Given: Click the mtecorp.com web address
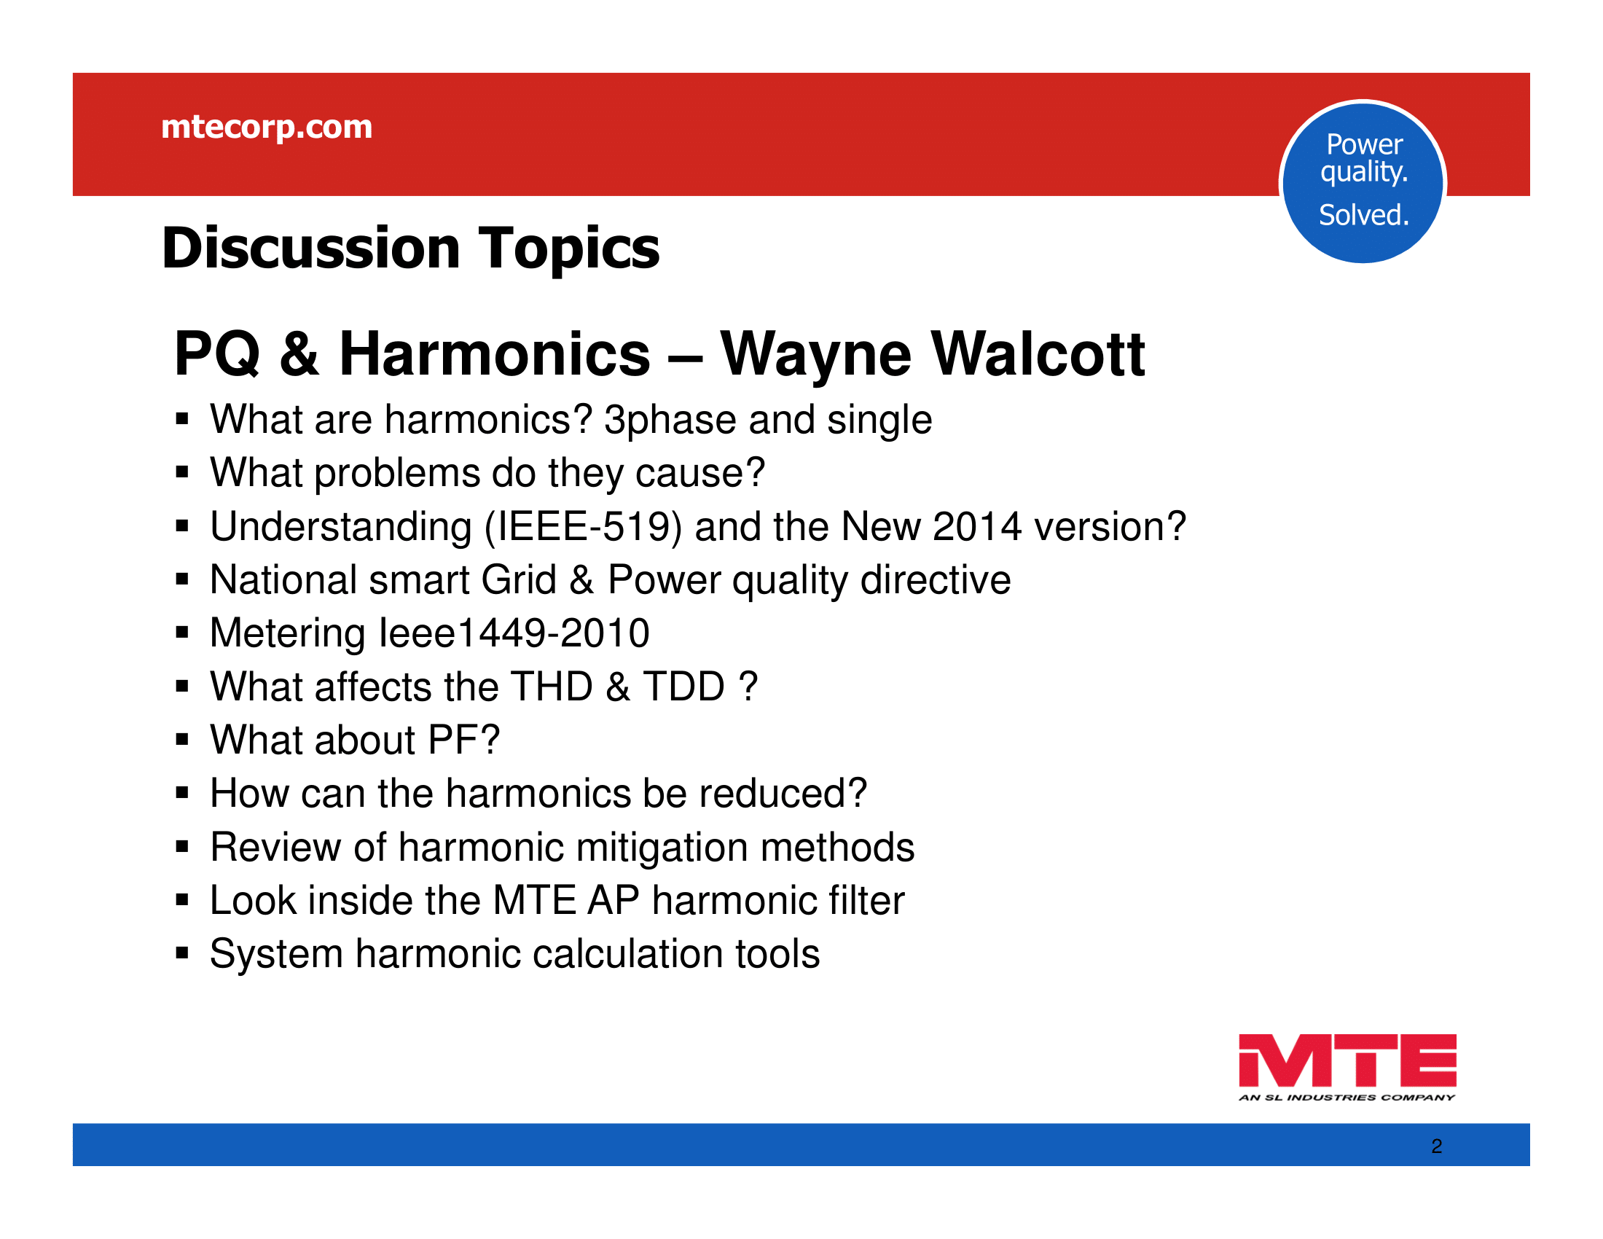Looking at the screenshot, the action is tap(267, 128).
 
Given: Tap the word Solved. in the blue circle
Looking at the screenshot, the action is tap(1364, 215).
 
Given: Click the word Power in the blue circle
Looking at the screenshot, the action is tap(1365, 144).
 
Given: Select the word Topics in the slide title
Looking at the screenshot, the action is tap(570, 249).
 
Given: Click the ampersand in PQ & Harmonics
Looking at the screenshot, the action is tap(299, 354).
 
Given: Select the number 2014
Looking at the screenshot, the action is tap(977, 526).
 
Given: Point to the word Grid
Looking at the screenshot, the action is tap(519, 580).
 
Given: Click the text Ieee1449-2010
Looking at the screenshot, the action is tap(514, 633).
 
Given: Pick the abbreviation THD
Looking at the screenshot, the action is tap(552, 687).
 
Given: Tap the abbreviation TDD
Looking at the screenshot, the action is tap(684, 687).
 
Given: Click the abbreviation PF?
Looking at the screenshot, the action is tap(464, 740).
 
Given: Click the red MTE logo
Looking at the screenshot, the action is tap(1347, 1067).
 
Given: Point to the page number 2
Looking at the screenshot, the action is tap(1436, 1146).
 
